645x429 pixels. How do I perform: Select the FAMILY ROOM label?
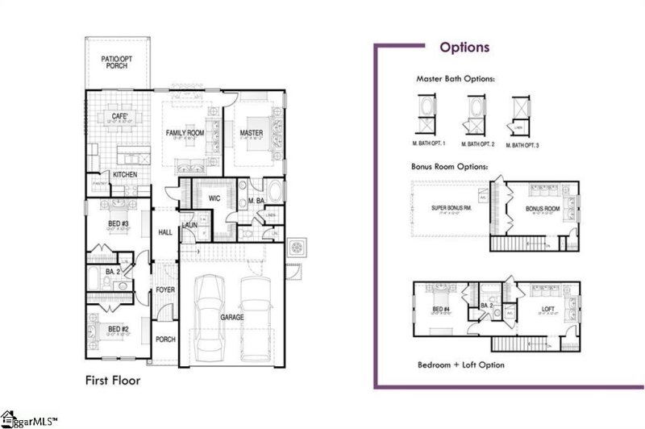point(185,132)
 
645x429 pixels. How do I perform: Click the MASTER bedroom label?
point(250,132)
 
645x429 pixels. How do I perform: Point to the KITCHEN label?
point(124,174)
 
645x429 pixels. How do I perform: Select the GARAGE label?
point(232,318)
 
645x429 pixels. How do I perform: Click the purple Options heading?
point(464,47)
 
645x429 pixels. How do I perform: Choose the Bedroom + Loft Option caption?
point(460,364)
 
